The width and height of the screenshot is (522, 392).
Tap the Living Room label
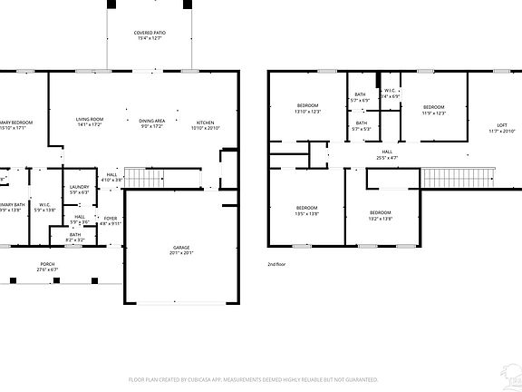pos(89,122)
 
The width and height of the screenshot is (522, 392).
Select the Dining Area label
pos(151,122)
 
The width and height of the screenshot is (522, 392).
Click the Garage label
pos(181,250)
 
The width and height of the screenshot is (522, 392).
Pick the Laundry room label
pos(79,190)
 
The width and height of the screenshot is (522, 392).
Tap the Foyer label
pos(110,220)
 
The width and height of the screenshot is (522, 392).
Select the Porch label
pos(46,267)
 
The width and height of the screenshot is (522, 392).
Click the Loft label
pos(501,128)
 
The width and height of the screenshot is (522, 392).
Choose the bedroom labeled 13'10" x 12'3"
pos(308,109)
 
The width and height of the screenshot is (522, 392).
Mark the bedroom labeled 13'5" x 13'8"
pos(306,211)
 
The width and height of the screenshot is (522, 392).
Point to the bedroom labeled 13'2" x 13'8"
pos(381,216)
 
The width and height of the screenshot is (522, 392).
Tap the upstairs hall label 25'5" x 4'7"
pos(387,154)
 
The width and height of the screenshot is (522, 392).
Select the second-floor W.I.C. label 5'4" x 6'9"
pos(389,93)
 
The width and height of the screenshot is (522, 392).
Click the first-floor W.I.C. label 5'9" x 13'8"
pos(44,208)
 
